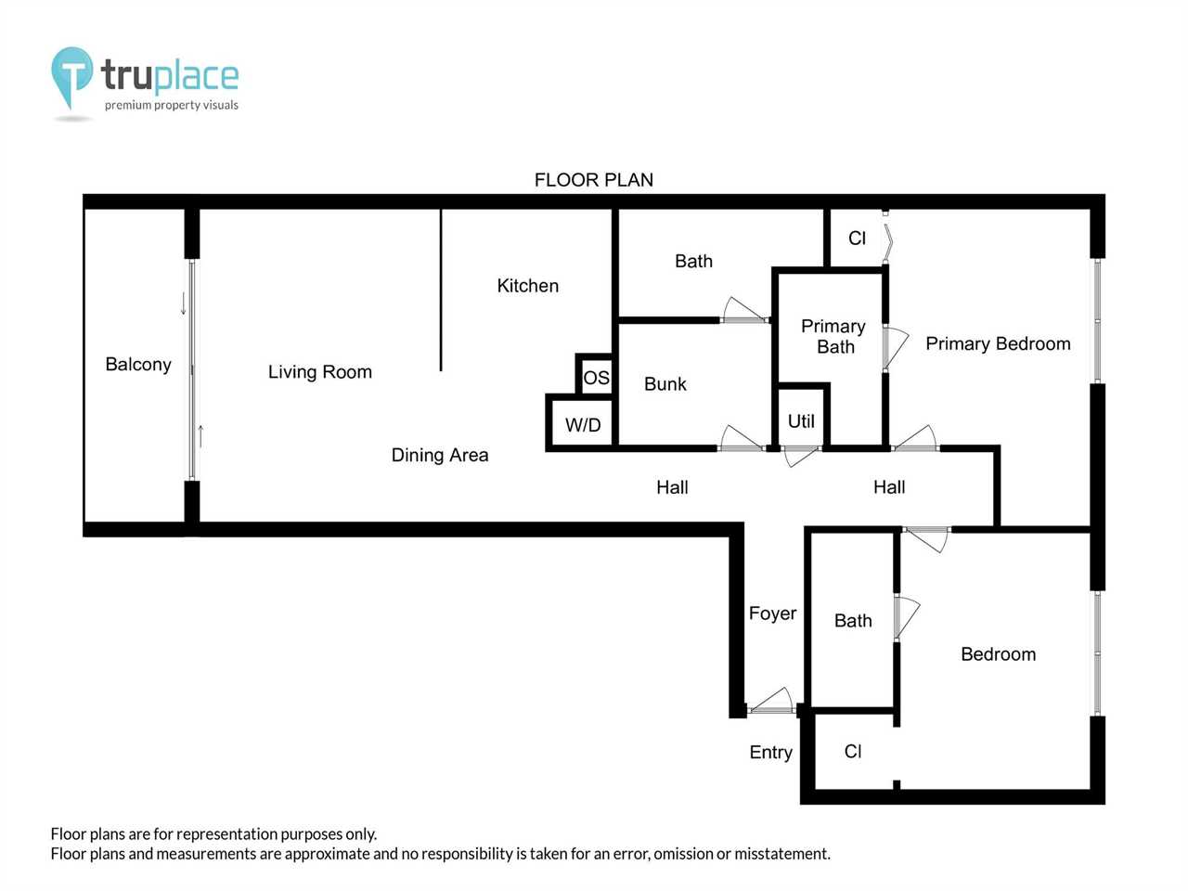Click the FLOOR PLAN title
[594, 180]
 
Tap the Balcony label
[138, 364]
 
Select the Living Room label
[320, 371]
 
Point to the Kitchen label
[528, 286]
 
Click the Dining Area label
[440, 455]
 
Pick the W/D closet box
[582, 423]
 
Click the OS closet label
[597, 378]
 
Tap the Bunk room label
[665, 384]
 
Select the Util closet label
[801, 420]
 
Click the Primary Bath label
[833, 336]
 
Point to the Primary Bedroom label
[998, 343]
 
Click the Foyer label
[772, 613]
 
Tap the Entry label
[770, 752]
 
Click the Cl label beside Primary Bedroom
[858, 238]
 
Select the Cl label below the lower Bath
[853, 751]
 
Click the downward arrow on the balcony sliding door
[184, 303]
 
